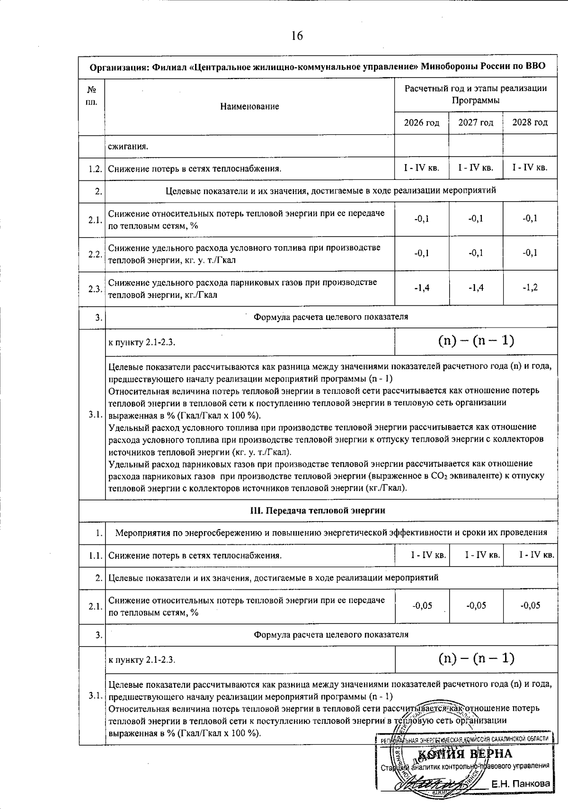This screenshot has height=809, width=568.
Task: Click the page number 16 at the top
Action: [297, 36]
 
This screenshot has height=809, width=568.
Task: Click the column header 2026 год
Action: [421, 123]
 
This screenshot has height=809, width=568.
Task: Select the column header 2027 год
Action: [476, 123]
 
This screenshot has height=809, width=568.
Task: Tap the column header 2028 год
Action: [530, 123]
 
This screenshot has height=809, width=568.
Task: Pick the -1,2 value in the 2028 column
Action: [530, 288]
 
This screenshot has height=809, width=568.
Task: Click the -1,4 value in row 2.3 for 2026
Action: [421, 288]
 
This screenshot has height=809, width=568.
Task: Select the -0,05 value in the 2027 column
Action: [476, 605]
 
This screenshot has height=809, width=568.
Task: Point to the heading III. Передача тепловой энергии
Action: [317, 510]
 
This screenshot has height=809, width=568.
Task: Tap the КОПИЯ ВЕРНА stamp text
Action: [465, 754]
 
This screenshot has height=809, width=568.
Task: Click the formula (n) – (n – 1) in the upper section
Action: [476, 341]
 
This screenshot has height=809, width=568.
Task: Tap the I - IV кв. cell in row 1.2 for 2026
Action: [421, 168]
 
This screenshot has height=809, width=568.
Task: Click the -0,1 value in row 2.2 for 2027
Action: [476, 253]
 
